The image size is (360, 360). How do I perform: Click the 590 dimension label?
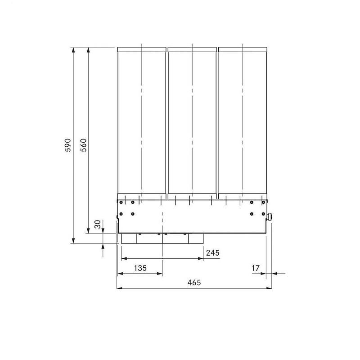[68, 145]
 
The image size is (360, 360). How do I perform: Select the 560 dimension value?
[84, 145]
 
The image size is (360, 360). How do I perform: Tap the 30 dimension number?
[98, 224]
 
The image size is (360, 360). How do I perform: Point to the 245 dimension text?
[212, 253]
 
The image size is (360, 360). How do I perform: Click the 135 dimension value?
[140, 268]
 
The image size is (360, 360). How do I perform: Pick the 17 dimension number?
[256, 268]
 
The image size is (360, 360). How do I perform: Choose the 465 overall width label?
[194, 283]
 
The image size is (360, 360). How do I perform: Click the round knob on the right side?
[270, 216]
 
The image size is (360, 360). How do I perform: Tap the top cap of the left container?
[142, 49]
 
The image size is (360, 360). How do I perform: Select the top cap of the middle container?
[192, 49]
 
